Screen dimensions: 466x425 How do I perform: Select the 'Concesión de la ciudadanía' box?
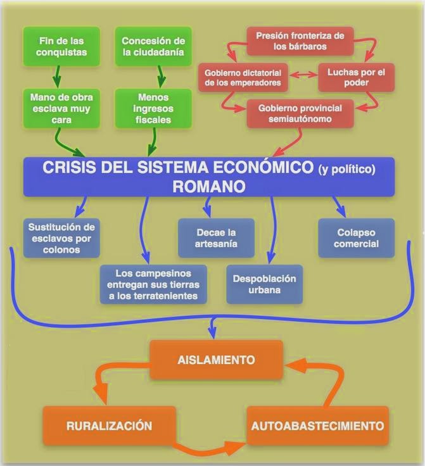tap(153, 47)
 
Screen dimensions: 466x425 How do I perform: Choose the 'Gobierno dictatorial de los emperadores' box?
tap(243, 77)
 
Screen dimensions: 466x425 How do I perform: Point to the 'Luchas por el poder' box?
tap(351, 77)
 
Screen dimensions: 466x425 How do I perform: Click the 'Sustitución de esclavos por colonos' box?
tap(61, 238)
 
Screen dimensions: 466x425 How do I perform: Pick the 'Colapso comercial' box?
tap(357, 238)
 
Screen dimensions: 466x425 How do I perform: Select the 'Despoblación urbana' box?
tap(265, 284)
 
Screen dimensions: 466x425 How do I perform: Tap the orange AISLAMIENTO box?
tap(216, 360)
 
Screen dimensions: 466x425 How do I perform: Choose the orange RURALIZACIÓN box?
tap(108, 425)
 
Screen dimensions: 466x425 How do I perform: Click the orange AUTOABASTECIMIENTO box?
tap(317, 425)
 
